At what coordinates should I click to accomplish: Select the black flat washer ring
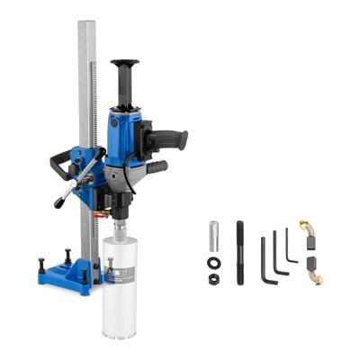pyautogui.click(x=214, y=262)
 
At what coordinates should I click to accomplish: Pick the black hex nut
pyautogui.click(x=214, y=279)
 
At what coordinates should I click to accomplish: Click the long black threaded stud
pyautogui.click(x=240, y=252)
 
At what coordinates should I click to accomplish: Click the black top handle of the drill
pyautogui.click(x=125, y=72)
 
